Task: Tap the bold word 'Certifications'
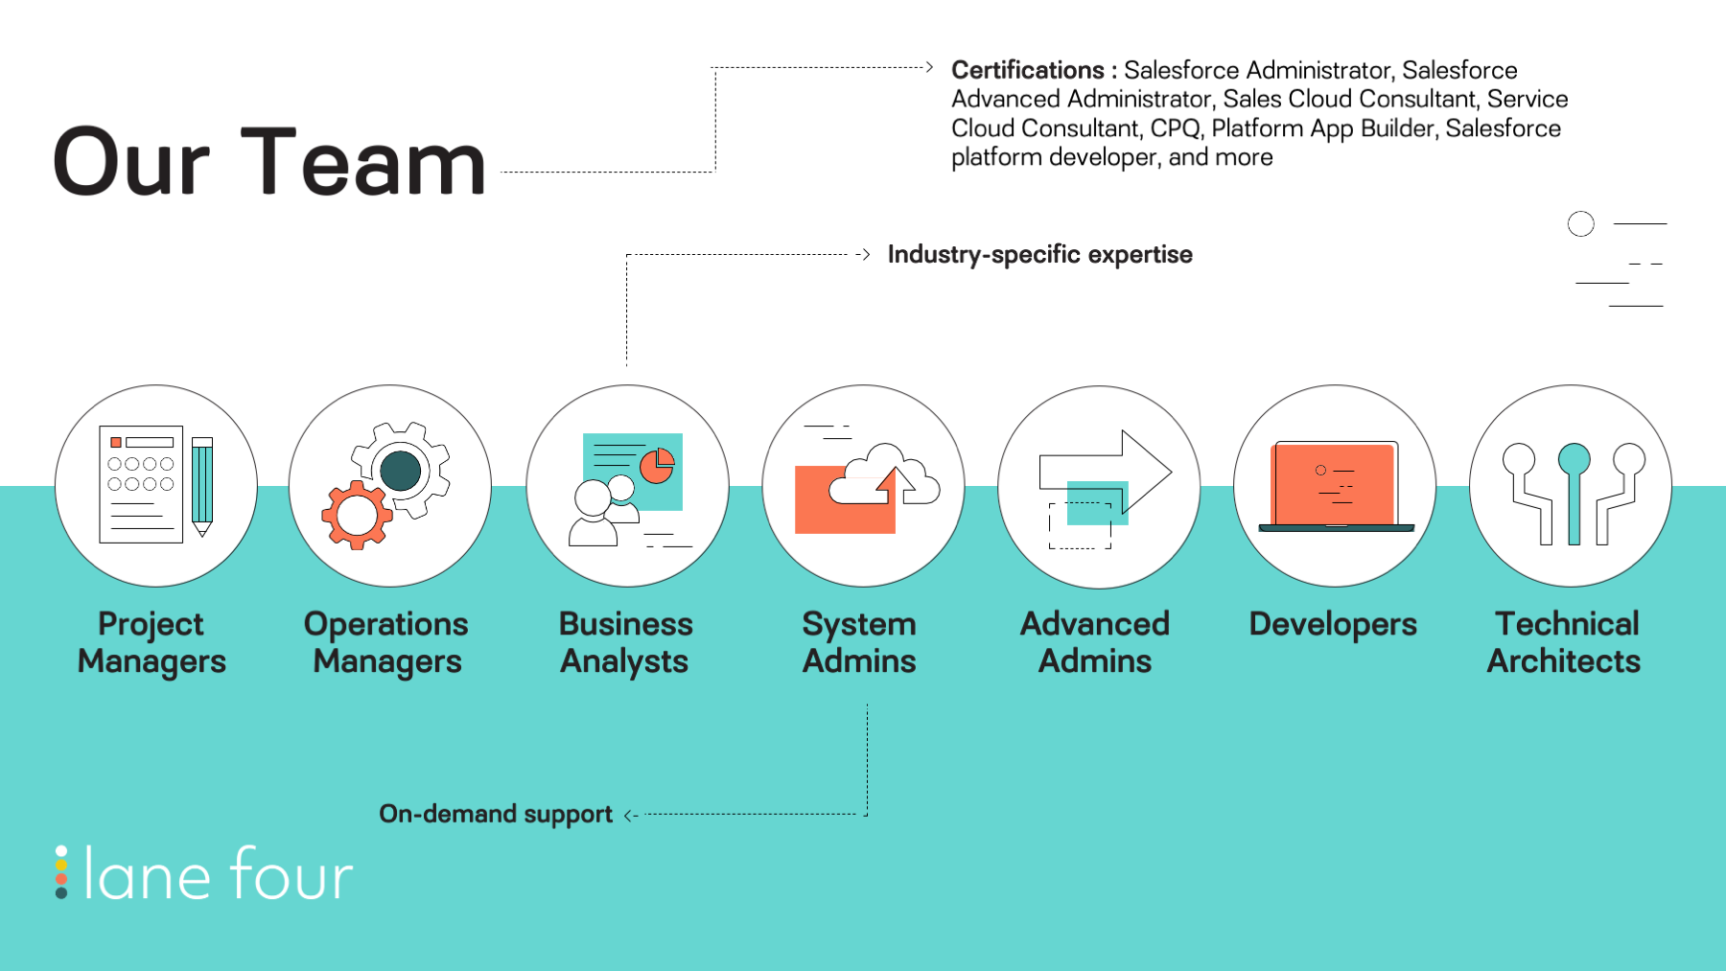click(1027, 70)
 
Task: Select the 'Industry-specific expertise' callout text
click(1039, 254)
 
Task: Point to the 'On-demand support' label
click(495, 814)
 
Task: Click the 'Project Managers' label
click(152, 642)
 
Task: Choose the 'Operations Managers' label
click(386, 642)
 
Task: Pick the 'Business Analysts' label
click(625, 642)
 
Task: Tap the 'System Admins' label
click(859, 642)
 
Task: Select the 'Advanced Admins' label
click(1095, 642)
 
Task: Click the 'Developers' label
click(1333, 624)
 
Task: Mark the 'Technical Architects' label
click(1565, 642)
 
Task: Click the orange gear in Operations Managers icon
click(357, 515)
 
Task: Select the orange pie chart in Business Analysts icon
click(657, 466)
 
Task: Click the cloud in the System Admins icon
click(884, 474)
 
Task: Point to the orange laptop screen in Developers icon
click(1333, 484)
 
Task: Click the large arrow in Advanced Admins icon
click(1106, 471)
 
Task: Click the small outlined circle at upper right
click(1581, 224)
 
